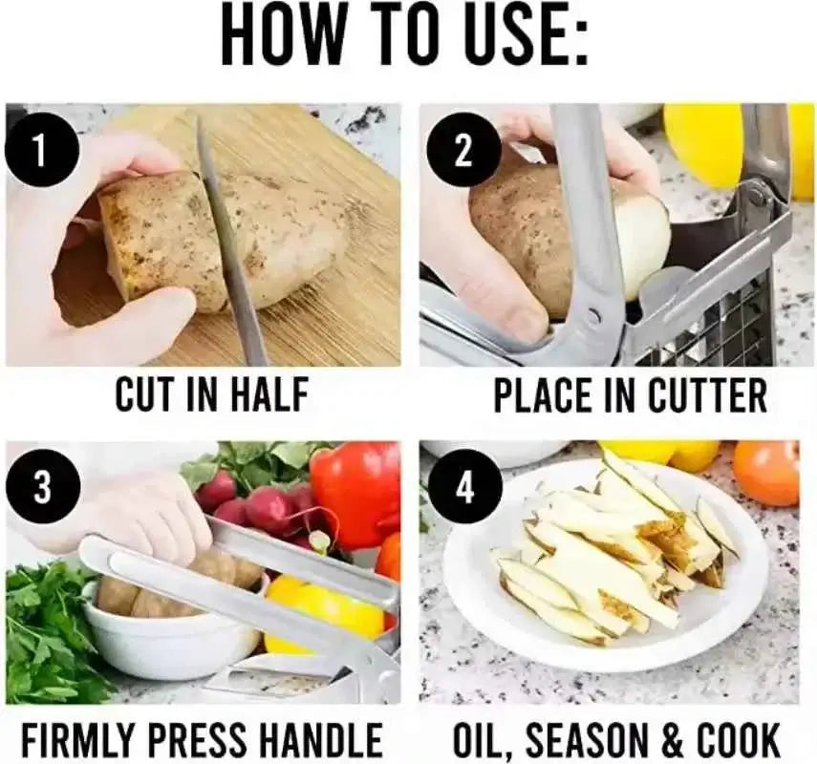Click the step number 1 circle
tap(42, 151)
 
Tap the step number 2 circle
tap(464, 152)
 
